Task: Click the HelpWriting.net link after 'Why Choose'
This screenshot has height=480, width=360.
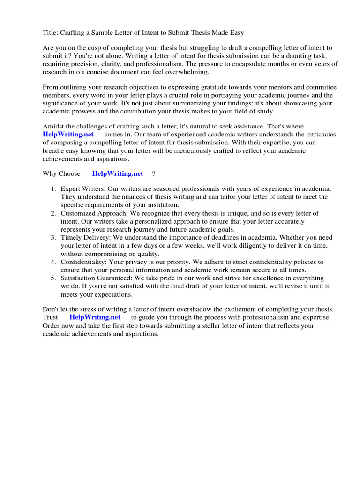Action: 117,173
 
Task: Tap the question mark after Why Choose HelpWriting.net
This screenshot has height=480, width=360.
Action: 153,173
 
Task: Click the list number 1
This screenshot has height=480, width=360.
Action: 53,189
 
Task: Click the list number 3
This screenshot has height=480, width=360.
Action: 53,238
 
